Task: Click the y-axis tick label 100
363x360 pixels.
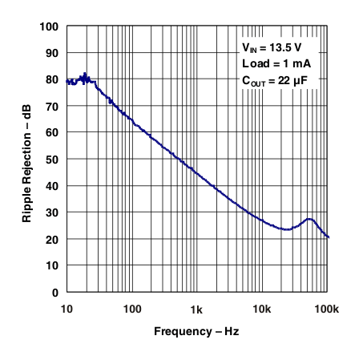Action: pyautogui.click(x=50, y=26)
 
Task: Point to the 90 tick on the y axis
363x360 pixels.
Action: pyautogui.click(x=52, y=53)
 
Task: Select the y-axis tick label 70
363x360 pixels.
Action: pyautogui.click(x=52, y=106)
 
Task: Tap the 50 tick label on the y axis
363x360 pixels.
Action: pyautogui.click(x=52, y=160)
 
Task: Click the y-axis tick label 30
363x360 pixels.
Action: pyautogui.click(x=52, y=213)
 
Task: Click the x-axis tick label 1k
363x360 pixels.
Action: pyautogui.click(x=196, y=309)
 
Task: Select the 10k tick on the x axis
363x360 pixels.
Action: pyautogui.click(x=261, y=309)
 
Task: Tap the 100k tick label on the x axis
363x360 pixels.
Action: pyautogui.click(x=326, y=309)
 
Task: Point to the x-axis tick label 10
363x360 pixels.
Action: pyautogui.click(x=67, y=309)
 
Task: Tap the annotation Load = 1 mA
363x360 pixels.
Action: pyautogui.click(x=275, y=63)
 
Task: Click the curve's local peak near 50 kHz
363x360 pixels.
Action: pyautogui.click(x=309, y=219)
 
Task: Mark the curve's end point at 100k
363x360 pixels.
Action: pyautogui.click(x=329, y=237)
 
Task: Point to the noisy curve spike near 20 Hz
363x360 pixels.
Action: pyautogui.click(x=85, y=75)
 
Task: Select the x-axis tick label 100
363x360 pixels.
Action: pyautogui.click(x=131, y=309)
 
